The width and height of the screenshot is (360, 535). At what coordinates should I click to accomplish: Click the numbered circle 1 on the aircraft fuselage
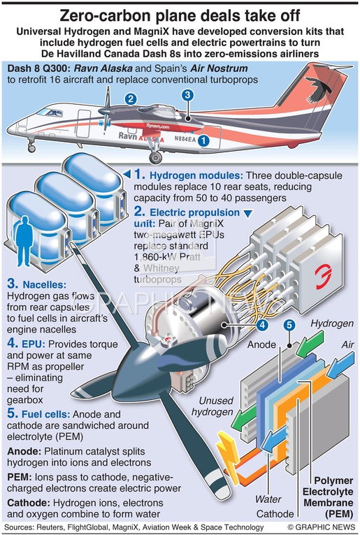pyautogui.click(x=203, y=140)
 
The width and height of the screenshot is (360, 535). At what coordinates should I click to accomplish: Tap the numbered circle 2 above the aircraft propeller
pyautogui.click(x=131, y=99)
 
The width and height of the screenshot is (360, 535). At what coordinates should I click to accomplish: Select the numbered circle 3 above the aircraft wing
pyautogui.click(x=187, y=95)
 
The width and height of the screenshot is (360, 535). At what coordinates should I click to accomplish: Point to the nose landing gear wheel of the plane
pyautogui.click(x=31, y=149)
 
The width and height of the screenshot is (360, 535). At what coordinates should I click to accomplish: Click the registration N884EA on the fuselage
pyautogui.click(x=185, y=139)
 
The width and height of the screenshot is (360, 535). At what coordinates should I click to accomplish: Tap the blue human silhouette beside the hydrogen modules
pyautogui.click(x=24, y=241)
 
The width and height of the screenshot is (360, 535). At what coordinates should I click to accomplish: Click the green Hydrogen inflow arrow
pyautogui.click(x=309, y=344)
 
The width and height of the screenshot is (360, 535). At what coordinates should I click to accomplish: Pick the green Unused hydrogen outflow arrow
pyautogui.click(x=243, y=417)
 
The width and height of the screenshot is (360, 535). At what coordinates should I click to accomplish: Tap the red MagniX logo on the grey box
pyautogui.click(x=322, y=277)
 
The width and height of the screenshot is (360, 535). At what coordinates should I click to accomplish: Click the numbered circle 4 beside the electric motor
pyautogui.click(x=262, y=325)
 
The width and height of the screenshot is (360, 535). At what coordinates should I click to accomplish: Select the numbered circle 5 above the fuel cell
pyautogui.click(x=289, y=325)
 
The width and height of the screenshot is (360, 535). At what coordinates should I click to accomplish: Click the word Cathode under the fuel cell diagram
pyautogui.click(x=275, y=514)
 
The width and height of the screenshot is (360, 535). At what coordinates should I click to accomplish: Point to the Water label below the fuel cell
pyautogui.click(x=268, y=499)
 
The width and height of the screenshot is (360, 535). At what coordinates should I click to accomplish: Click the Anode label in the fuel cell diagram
pyautogui.click(x=261, y=344)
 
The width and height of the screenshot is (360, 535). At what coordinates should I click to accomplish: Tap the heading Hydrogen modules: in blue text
pyautogui.click(x=196, y=175)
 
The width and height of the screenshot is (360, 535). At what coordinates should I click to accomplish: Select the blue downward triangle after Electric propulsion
pyautogui.click(x=248, y=213)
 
